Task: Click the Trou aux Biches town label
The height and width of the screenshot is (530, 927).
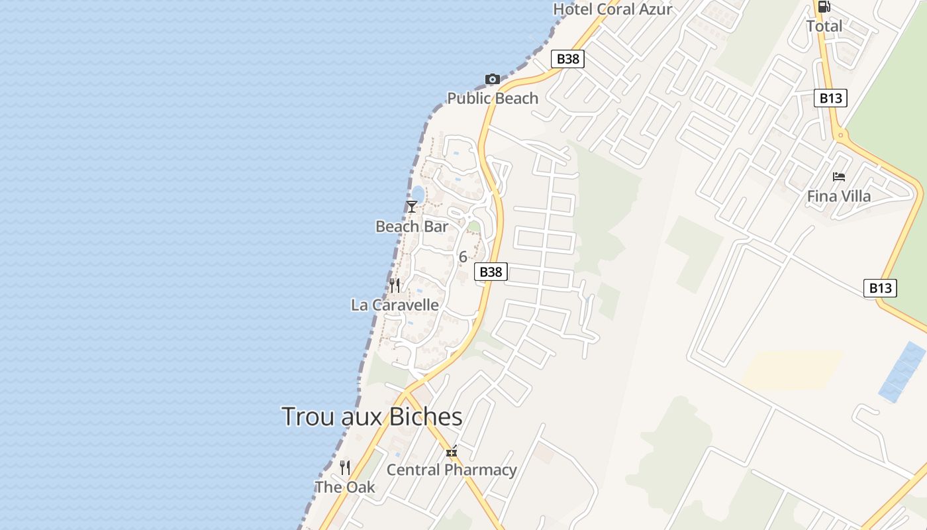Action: [371, 417]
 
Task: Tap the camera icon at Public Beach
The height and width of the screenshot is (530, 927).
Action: [492, 79]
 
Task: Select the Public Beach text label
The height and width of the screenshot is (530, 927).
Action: [493, 99]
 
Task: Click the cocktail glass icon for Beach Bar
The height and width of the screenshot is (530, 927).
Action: [412, 207]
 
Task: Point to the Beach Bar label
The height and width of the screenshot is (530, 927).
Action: [412, 227]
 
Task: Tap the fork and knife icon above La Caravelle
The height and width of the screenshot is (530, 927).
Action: [395, 286]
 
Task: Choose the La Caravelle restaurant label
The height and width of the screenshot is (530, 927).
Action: [395, 305]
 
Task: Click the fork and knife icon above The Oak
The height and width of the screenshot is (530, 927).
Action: [345, 468]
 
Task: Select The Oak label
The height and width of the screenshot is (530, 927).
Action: [345, 488]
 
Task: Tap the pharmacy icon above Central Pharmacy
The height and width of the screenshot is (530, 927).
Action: [452, 452]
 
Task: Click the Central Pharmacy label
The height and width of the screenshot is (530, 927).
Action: [452, 470]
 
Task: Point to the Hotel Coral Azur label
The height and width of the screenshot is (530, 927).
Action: [612, 9]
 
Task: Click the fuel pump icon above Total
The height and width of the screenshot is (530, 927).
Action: [824, 7]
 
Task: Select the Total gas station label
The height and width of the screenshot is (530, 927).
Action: [824, 26]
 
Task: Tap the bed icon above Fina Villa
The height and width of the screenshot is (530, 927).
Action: [839, 177]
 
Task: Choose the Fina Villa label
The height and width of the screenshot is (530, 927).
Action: [839, 197]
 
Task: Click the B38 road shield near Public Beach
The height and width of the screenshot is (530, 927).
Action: [567, 59]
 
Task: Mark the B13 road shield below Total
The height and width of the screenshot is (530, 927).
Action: [830, 99]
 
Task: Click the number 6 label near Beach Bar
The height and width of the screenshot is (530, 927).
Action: [463, 257]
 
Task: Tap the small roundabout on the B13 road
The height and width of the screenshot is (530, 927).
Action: [841, 136]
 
